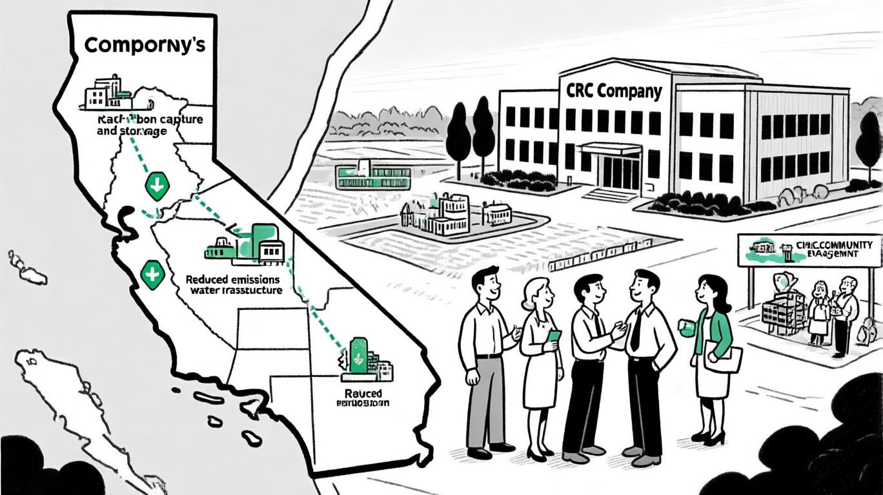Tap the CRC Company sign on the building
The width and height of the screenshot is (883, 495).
click(614, 91)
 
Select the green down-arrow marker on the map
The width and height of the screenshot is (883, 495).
click(157, 186)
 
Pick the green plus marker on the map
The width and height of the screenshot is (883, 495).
click(152, 275)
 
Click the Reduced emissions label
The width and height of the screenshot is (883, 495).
click(232, 280)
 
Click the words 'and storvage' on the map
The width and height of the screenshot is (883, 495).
click(132, 131)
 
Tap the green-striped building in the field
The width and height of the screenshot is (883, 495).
click(373, 175)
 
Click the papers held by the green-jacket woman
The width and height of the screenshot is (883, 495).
click(723, 358)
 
